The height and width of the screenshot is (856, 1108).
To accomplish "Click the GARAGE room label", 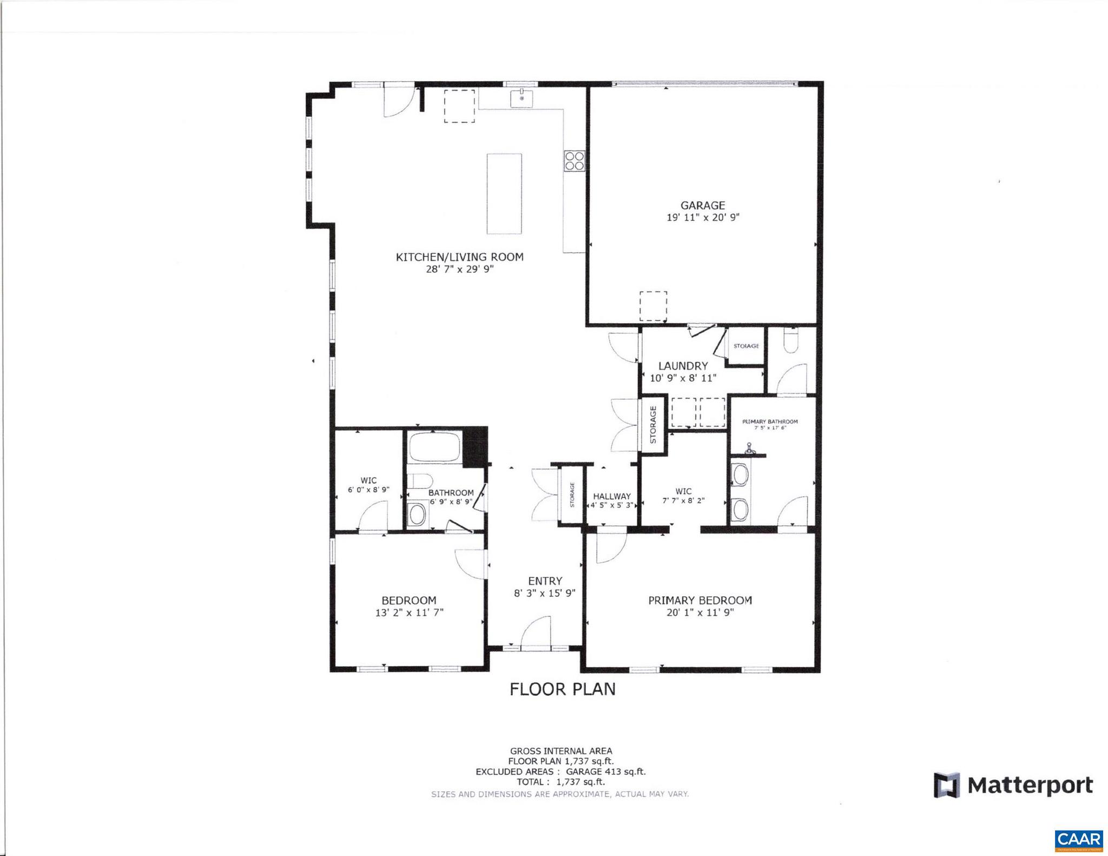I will coord(702,206).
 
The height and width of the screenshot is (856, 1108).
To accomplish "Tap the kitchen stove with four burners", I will coord(574,161).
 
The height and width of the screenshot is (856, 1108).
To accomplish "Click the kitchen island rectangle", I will coord(504,194).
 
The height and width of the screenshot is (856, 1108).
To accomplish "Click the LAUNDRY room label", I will coord(683,366).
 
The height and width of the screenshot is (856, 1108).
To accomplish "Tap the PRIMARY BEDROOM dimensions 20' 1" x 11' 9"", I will coord(700,613).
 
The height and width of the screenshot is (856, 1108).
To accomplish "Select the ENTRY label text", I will coord(545,581).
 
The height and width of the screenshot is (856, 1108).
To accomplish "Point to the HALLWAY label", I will coord(612,496).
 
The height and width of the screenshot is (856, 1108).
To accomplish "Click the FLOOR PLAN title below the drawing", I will coord(563,689).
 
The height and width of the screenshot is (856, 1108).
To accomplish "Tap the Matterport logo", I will coord(1013,785).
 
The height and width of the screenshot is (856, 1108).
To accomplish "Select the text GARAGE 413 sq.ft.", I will coord(605,772).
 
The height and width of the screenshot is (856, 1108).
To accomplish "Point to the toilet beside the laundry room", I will coord(791,340).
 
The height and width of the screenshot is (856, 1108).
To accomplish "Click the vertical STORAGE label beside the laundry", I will coord(653,425).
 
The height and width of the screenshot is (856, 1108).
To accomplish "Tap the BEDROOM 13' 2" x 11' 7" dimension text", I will coord(409,613).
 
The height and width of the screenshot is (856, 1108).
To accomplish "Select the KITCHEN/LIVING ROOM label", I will coord(459,257).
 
